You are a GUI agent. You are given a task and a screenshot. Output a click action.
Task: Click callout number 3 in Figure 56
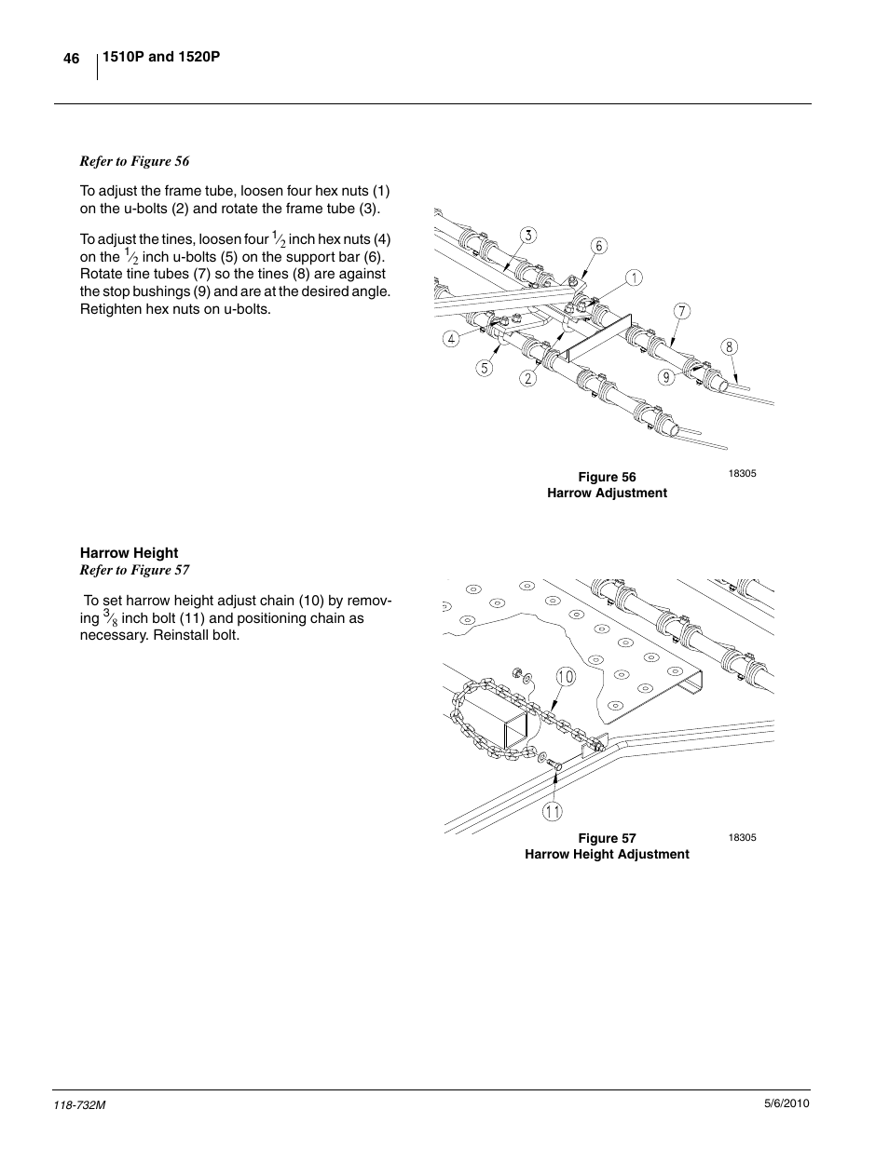(x=528, y=236)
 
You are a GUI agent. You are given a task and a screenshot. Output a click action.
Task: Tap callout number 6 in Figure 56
(x=599, y=246)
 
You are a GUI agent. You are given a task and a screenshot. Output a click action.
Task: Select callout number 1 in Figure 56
(x=634, y=277)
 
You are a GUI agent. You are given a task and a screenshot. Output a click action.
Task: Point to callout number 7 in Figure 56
(x=682, y=311)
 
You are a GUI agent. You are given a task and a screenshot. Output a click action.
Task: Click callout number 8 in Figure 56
(x=730, y=347)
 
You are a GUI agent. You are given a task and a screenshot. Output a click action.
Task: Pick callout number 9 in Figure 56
(x=665, y=377)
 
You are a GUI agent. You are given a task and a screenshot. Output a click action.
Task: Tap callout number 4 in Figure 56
(x=451, y=339)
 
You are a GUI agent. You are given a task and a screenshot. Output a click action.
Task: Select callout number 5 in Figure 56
(x=485, y=368)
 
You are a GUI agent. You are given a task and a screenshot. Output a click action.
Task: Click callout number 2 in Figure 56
(x=528, y=378)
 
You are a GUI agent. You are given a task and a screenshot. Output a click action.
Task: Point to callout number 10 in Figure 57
(x=565, y=677)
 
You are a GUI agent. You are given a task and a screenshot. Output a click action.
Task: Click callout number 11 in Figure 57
(x=554, y=811)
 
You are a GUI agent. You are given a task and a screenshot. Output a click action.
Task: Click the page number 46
(x=72, y=59)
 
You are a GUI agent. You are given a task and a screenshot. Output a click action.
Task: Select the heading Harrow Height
(x=129, y=552)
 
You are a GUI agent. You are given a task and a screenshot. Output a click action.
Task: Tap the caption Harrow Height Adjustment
(x=607, y=854)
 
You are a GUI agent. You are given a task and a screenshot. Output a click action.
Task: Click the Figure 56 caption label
(x=607, y=477)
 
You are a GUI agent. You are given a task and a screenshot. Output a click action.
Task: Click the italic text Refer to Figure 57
(x=134, y=570)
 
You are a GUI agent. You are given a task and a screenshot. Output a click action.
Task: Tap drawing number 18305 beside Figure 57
(x=742, y=837)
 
